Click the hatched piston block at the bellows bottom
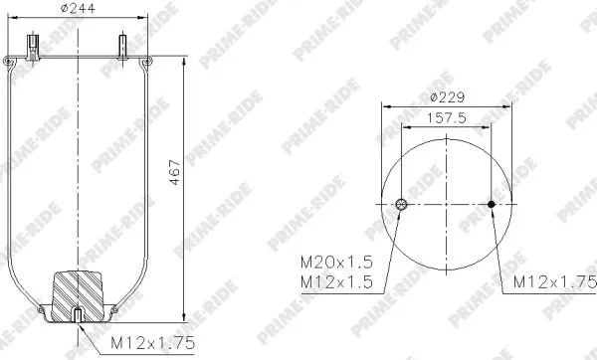point(78,292)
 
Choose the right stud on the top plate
point(123,46)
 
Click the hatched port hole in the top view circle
point(400,205)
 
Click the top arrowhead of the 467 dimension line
point(185,59)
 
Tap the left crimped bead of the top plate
point(7,63)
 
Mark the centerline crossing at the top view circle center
point(446,205)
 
